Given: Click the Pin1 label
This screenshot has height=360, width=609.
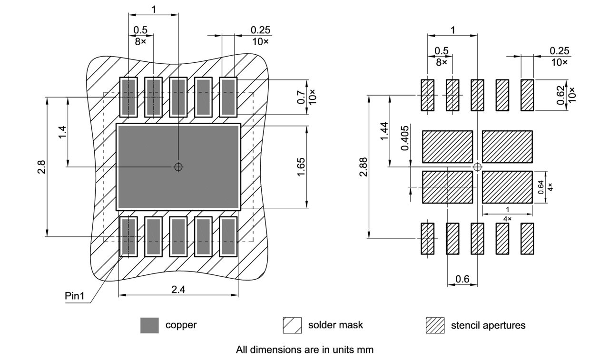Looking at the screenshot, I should coord(75,296).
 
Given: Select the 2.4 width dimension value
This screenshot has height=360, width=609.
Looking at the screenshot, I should coord(178,289).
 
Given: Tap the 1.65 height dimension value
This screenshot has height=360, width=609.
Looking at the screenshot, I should coord(301,167).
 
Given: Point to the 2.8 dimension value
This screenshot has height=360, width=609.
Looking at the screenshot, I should coord(41,167).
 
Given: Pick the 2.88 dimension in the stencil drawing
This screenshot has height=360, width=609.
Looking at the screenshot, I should coord(363,167).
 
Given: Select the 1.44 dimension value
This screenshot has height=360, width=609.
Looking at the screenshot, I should coord(384,131).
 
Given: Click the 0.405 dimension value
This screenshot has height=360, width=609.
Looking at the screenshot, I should coord(405,138).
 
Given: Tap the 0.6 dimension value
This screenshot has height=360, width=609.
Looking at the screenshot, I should coord(462,279).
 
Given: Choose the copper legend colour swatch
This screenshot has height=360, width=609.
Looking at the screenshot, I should coord(149,325).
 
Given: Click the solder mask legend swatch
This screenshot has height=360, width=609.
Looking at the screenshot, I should coord(292,325).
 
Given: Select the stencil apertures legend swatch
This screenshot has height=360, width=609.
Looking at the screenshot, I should coord(435,325).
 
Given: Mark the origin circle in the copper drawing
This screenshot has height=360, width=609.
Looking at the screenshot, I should coord(178,167).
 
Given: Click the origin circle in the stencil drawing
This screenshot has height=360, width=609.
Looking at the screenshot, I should coord(477,167).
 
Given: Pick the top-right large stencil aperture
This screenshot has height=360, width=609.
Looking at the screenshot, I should coord(507,146).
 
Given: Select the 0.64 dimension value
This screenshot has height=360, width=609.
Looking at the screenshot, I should coord(541,187).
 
